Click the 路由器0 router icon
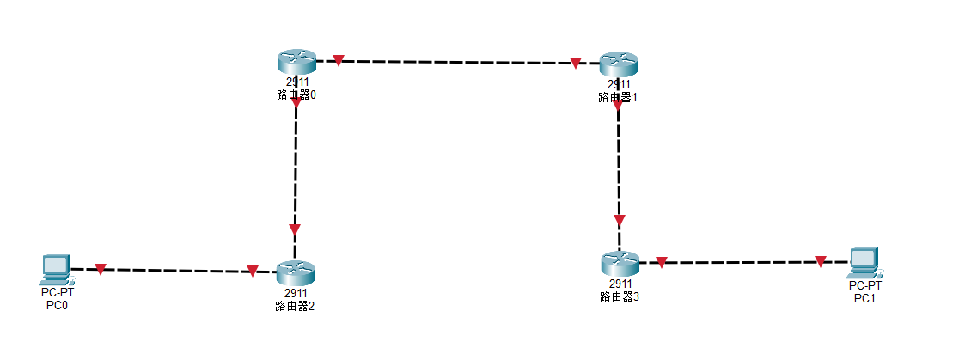click(296, 61)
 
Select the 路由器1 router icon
click(618, 63)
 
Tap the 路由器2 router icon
click(296, 273)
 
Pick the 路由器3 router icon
click(620, 263)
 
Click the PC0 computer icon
click(57, 269)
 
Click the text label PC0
click(57, 304)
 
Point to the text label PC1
click(864, 298)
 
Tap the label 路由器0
click(296, 95)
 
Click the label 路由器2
click(296, 305)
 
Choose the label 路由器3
click(620, 296)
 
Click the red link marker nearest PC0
click(101, 269)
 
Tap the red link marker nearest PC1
click(821, 261)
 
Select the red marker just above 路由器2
click(295, 229)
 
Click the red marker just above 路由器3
click(620, 220)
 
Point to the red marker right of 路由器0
click(339, 60)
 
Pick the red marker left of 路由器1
click(575, 63)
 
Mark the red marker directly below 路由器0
click(296, 103)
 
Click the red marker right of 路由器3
click(661, 262)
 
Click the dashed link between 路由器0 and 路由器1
click(455, 62)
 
